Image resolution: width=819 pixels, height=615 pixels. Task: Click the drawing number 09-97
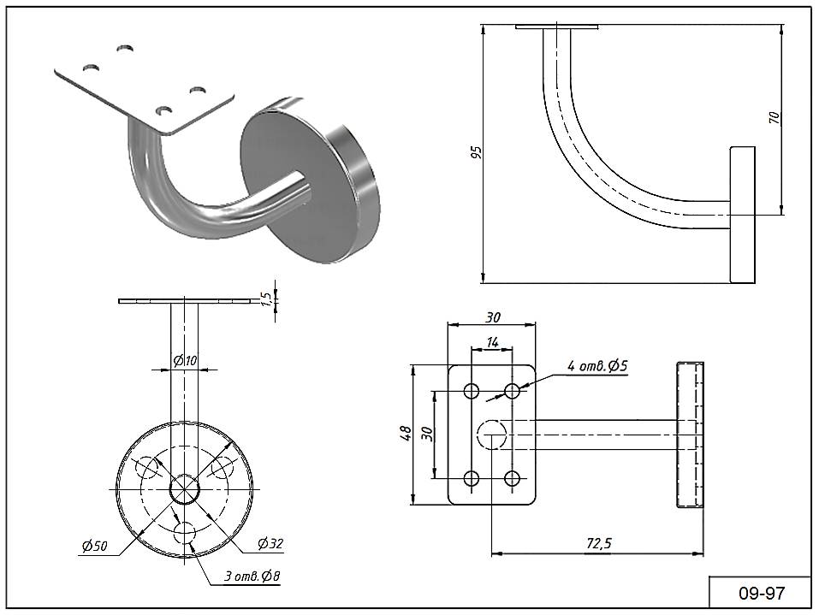coord(761,593)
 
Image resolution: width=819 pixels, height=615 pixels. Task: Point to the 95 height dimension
coord(477,152)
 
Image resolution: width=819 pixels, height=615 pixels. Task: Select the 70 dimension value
coord(774,118)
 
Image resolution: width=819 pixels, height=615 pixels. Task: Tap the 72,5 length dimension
coord(598,542)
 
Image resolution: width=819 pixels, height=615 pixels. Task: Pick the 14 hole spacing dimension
coord(492,341)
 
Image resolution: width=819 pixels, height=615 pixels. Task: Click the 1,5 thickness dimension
coord(267,299)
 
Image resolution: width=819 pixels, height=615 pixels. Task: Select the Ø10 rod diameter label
coord(185,361)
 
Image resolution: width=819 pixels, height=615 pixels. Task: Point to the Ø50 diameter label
coord(94,547)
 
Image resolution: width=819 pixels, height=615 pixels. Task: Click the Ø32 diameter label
coord(270,543)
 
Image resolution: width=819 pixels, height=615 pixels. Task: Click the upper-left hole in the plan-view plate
coord(472,391)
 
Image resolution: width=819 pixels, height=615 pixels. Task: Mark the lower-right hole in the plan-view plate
coord(513,478)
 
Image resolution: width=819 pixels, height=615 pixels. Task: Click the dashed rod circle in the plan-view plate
coord(491,435)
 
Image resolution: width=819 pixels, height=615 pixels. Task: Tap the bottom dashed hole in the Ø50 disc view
coord(186,533)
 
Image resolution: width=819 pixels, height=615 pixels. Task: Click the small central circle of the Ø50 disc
coord(185,489)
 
